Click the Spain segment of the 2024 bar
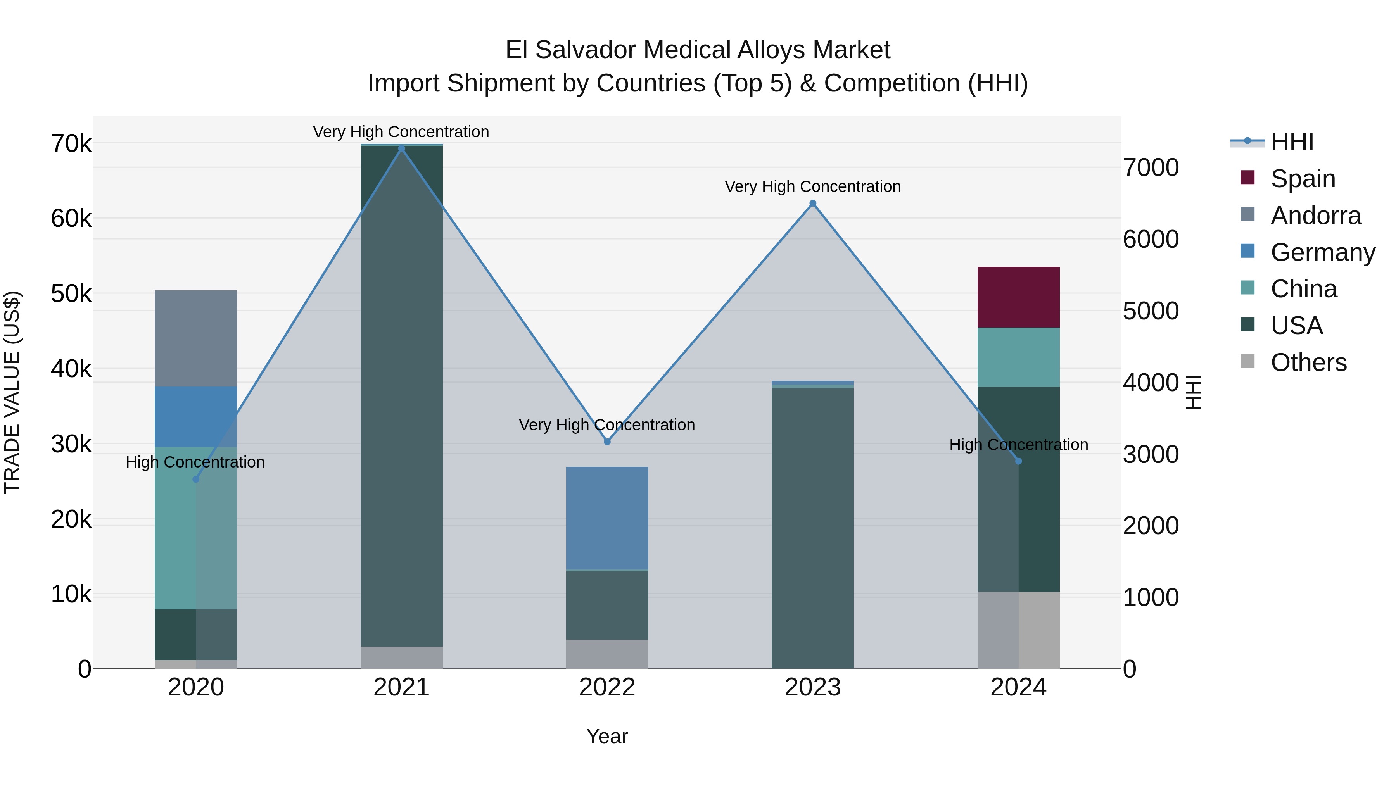click(x=1018, y=297)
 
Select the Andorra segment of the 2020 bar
click(x=196, y=338)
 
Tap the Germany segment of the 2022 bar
click(x=607, y=518)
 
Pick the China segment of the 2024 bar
click(x=1018, y=357)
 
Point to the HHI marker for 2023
click(x=812, y=204)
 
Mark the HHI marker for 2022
click(x=607, y=442)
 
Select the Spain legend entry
click(x=1302, y=179)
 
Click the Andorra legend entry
click(x=1315, y=216)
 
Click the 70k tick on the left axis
click(x=71, y=144)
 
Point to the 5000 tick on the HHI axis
click(x=1151, y=311)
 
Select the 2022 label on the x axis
click(x=607, y=687)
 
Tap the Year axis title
click(x=607, y=736)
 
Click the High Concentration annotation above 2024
click(x=1018, y=445)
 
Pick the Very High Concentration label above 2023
click(x=812, y=186)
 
